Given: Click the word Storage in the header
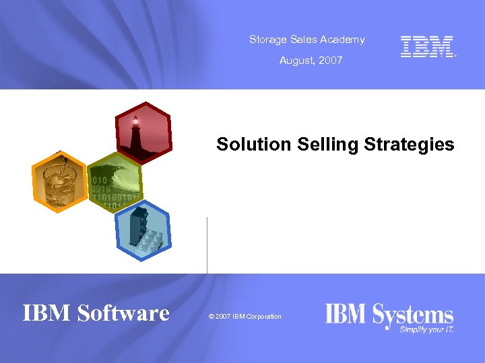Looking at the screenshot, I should click(x=266, y=40).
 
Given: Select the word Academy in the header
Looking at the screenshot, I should click(x=343, y=40).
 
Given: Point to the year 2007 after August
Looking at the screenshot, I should click(x=331, y=61).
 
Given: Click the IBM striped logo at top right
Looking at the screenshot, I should click(x=427, y=46).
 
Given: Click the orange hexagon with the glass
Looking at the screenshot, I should click(x=60, y=182).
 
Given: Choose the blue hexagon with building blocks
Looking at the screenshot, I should click(x=143, y=232).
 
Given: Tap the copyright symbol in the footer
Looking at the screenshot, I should click(x=212, y=317).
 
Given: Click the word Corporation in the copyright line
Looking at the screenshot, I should click(x=264, y=317).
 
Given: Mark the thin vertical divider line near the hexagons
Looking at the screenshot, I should click(x=207, y=245).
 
